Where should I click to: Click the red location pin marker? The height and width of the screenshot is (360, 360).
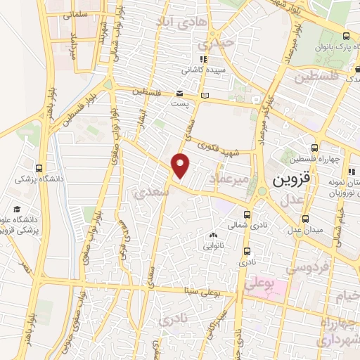pyautogui.click(x=181, y=167)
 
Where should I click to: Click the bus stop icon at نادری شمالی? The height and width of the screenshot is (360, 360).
pyautogui.click(x=246, y=215)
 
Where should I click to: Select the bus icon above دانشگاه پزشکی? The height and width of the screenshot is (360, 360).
pyautogui.click(x=38, y=168)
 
